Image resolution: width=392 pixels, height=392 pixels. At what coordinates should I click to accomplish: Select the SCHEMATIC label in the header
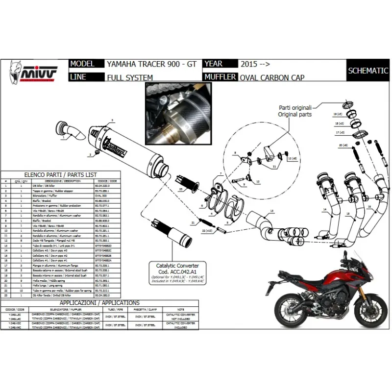(x=368, y=71)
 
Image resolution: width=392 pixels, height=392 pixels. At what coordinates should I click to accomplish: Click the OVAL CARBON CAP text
(x=272, y=77)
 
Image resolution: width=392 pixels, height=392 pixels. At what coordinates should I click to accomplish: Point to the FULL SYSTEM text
(x=130, y=77)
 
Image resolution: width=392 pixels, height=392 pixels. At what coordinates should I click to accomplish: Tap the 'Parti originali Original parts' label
(x=295, y=111)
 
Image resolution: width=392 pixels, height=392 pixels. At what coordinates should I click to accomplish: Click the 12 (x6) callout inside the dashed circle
(x=293, y=159)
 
